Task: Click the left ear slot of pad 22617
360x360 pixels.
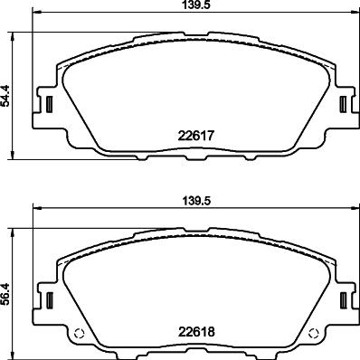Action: (x=51, y=104)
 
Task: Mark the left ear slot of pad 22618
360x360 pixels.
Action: (x=51, y=301)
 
